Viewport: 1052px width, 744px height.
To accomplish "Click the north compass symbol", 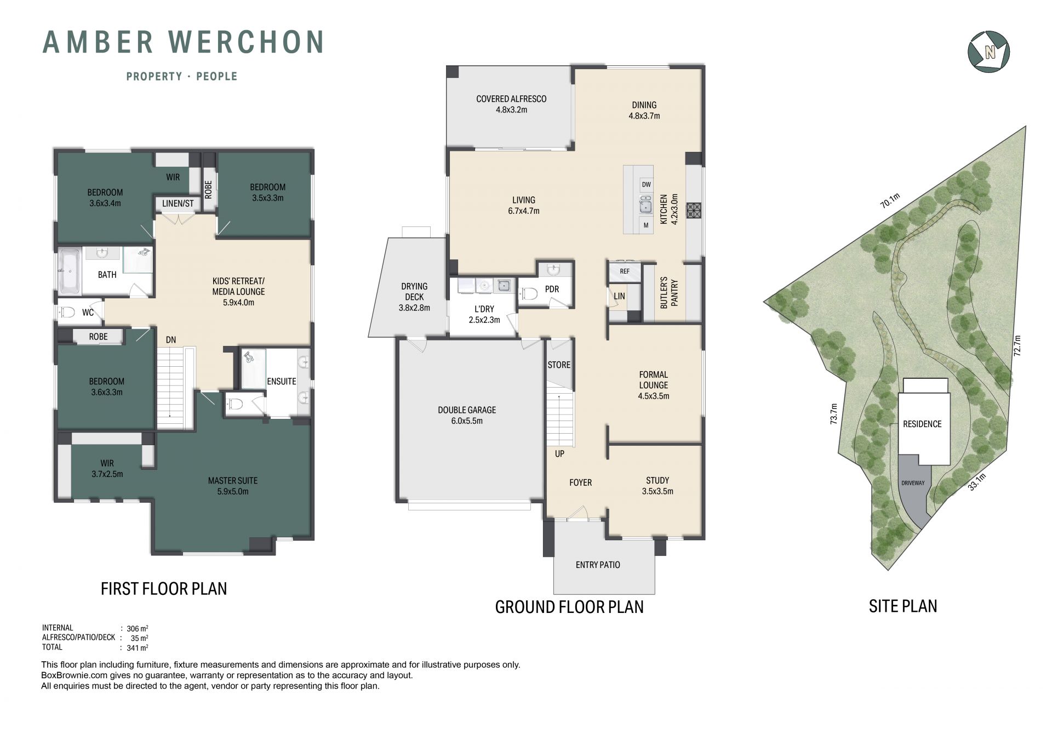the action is pos(988,52).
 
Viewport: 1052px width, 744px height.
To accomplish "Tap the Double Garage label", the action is pos(467,415).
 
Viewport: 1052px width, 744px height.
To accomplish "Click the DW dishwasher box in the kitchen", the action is pos(646,185).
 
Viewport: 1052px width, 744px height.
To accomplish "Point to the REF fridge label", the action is pos(625,271).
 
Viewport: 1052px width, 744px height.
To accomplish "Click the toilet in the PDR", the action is pos(529,294).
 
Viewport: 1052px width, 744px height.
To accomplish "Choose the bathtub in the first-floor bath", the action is pos(70,271).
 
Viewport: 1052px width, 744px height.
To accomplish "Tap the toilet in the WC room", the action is pos(67,313).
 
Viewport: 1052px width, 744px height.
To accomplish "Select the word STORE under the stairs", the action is pos(559,365).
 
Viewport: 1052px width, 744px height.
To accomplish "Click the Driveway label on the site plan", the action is pos(913,483).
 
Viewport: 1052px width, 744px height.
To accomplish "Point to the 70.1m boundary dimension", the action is pos(890,201).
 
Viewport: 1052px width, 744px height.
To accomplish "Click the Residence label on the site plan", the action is pos(922,424).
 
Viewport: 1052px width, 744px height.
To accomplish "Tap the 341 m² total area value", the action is pos(137,648).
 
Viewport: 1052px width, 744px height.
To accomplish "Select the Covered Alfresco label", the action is pos(511,104).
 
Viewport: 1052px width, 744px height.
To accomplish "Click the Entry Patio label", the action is pos(598,565).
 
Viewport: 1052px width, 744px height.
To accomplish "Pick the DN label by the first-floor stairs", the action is pos(171,340).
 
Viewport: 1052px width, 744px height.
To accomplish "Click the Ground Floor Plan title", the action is pos(569,607).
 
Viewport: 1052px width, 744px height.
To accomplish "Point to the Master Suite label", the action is pos(233,486).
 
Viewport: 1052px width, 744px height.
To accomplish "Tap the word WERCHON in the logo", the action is pos(246,42).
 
